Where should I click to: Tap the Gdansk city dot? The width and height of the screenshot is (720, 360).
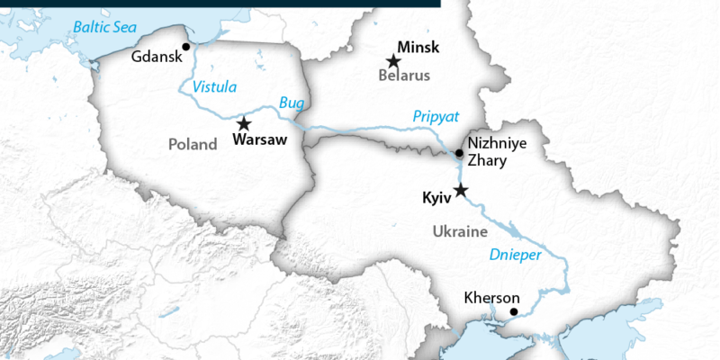(x=186, y=46)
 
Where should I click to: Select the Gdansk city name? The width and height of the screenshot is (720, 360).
(x=156, y=57)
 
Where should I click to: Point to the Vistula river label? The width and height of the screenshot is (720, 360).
(x=215, y=86)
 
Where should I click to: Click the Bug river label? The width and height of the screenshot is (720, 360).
(x=292, y=103)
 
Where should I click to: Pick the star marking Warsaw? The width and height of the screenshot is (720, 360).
(x=243, y=123)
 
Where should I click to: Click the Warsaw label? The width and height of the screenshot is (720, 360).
(x=259, y=139)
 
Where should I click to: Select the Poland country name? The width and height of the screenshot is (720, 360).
(x=193, y=144)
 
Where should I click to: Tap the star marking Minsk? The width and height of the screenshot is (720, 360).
(x=393, y=61)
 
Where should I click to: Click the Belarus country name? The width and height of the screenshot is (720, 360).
(x=404, y=76)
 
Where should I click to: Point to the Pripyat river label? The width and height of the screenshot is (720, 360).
(x=436, y=116)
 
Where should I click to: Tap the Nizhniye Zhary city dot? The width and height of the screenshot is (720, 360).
(x=460, y=153)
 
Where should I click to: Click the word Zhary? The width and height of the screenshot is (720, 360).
(x=489, y=162)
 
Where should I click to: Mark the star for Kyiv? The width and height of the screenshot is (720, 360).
(x=462, y=190)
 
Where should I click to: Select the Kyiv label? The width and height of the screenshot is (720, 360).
(x=436, y=197)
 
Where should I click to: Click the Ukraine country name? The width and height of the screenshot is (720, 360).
(x=460, y=231)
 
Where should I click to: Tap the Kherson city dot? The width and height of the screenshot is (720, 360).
(x=514, y=312)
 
